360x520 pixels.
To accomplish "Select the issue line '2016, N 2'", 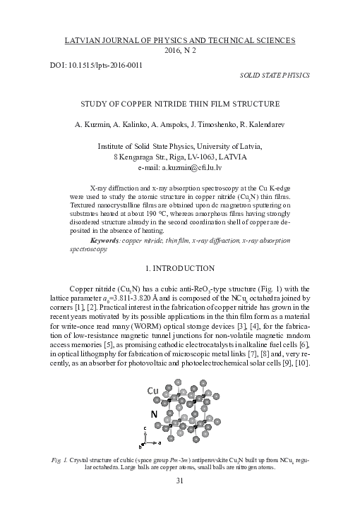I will pyautogui.click(x=179, y=51).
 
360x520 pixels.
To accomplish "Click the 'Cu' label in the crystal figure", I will pyautogui.click(x=152, y=390).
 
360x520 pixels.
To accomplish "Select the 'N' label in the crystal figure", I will pyautogui.click(x=153, y=414).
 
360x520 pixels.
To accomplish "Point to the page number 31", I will pyautogui.click(x=179, y=481).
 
